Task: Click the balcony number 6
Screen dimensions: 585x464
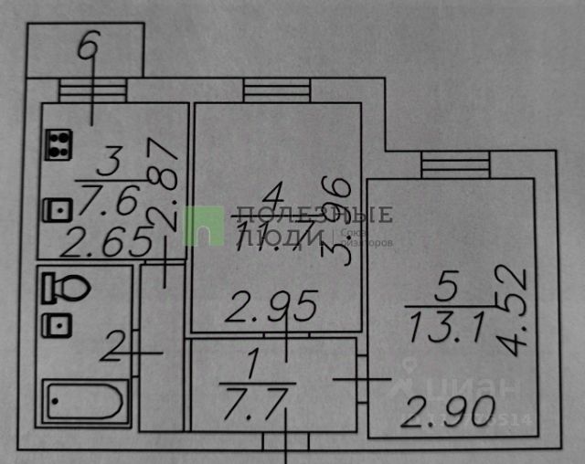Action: coord(87,47)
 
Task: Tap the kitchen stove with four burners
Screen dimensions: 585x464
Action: coord(60,144)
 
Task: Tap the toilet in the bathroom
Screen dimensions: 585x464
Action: coord(64,290)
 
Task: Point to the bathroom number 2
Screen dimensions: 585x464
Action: coord(114,348)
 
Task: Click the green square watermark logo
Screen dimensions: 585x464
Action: coord(204,226)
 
